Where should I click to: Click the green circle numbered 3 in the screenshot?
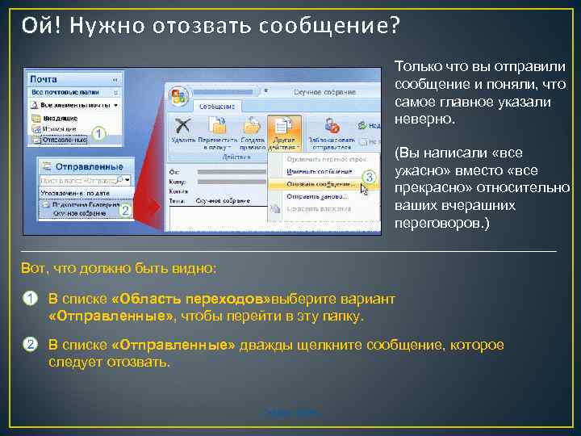[369, 176]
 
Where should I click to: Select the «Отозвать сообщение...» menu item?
[319, 184]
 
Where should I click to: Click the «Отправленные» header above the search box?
[80, 166]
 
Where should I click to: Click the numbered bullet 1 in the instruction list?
[28, 299]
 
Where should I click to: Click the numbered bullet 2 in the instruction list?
[28, 345]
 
